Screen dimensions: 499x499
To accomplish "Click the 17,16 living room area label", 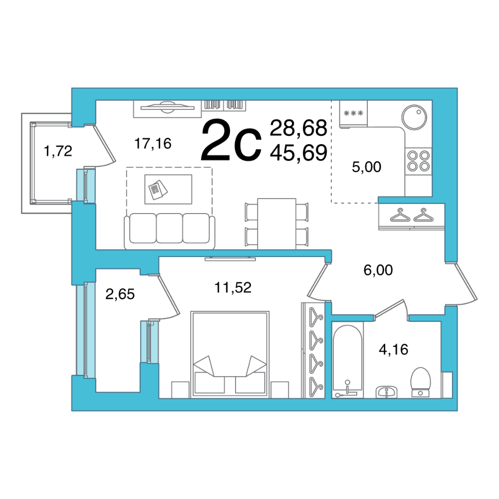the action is click(x=153, y=144).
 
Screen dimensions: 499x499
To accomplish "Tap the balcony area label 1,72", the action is click(x=58, y=151).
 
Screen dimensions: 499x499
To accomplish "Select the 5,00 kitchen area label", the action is click(x=366, y=167).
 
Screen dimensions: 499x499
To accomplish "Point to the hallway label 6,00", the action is click(x=378, y=270).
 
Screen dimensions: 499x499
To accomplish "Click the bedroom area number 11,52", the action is click(x=233, y=287).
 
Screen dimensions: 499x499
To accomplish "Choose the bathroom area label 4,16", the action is click(x=393, y=349).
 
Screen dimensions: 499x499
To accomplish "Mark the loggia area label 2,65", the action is click(x=120, y=294).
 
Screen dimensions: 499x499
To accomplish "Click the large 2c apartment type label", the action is click(x=232, y=140).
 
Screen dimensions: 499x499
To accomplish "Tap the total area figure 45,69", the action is click(x=298, y=152).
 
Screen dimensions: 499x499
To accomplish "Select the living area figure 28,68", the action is click(x=298, y=128).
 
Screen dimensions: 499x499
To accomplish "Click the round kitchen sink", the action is click(x=414, y=117).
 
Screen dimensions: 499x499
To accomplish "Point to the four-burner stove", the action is click(x=419, y=161).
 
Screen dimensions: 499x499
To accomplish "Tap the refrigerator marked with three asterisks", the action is click(x=353, y=114).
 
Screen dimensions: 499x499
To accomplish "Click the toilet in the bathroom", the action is click(x=420, y=382).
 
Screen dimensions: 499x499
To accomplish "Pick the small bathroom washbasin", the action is click(x=387, y=392).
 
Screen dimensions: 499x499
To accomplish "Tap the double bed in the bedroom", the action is click(x=230, y=354).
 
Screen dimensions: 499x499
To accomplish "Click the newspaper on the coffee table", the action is click(x=158, y=190).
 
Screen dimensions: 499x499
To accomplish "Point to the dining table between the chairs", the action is click(x=276, y=224).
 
